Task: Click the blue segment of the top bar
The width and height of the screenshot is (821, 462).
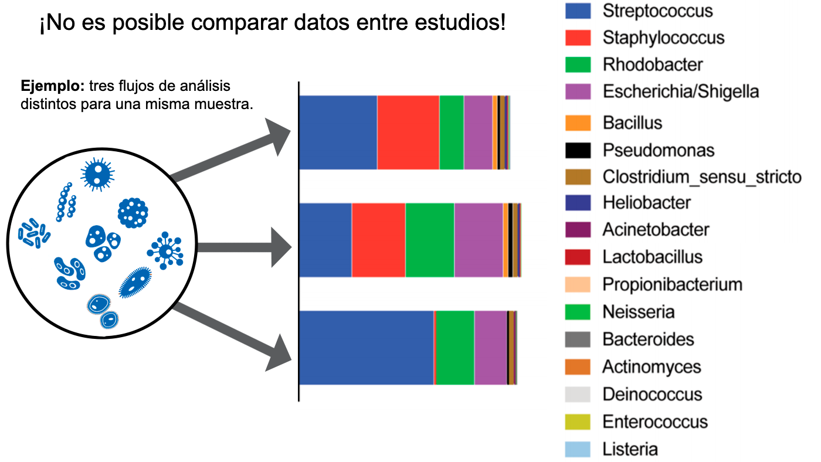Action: (338, 133)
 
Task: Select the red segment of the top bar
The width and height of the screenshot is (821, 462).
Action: (408, 133)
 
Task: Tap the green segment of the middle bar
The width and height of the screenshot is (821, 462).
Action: (429, 240)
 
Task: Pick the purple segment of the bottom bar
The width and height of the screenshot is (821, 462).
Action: (490, 348)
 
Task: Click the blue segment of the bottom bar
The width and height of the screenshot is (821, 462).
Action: (367, 348)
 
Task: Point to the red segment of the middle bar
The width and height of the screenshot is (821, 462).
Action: (378, 240)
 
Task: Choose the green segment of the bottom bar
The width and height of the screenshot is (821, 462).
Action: (454, 348)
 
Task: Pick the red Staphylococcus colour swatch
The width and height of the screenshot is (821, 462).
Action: (578, 38)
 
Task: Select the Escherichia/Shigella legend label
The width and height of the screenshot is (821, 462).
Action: (680, 91)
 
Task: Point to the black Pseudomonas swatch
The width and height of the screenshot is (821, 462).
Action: (578, 150)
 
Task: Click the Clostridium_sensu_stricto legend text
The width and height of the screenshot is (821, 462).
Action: (702, 176)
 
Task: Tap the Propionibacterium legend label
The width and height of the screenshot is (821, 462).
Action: (672, 284)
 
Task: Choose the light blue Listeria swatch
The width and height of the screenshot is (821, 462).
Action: (578, 449)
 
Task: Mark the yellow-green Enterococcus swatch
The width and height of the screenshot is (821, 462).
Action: (578, 422)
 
